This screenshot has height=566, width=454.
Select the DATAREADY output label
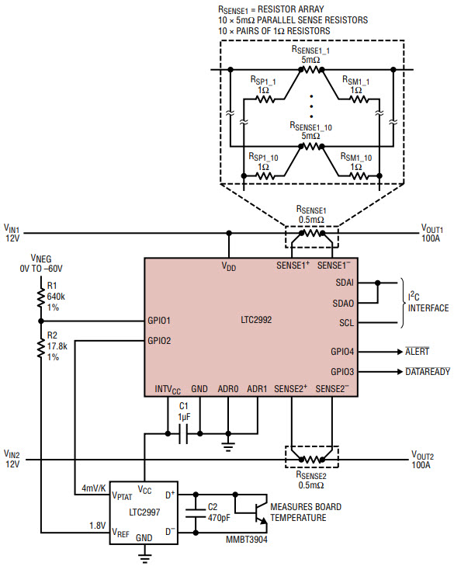pyautogui.click(x=426, y=371)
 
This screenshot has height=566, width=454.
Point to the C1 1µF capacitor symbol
pyautogui.click(x=184, y=436)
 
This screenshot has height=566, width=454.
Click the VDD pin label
pyautogui.click(x=229, y=266)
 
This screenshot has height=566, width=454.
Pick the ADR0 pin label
pyautogui.click(x=228, y=388)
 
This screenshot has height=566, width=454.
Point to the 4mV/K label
pyautogui.click(x=93, y=488)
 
